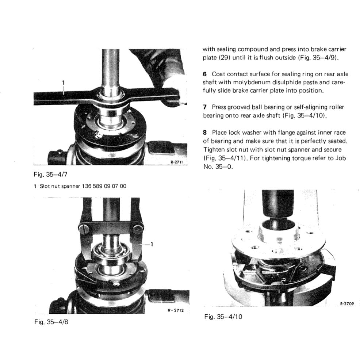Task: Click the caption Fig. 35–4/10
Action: (223, 316)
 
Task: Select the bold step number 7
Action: (205, 107)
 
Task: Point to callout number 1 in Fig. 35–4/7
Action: (63, 83)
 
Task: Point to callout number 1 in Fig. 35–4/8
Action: (152, 245)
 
